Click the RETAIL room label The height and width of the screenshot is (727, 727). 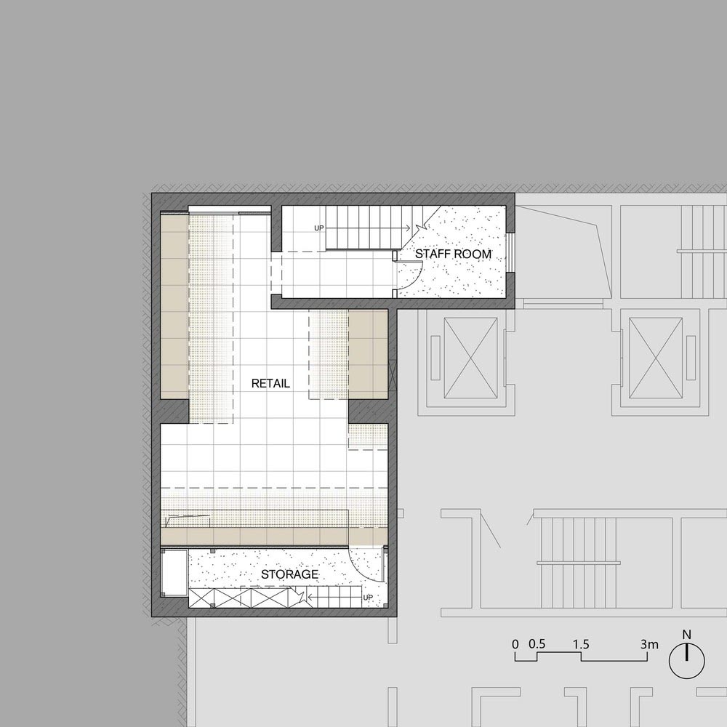[270, 383]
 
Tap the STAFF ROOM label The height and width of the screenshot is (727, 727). [453, 254]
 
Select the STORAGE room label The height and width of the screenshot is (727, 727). [289, 574]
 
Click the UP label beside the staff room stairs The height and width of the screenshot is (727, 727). [319, 228]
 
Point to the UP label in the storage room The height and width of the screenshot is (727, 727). [368, 597]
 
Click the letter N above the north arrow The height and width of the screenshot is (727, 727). [687, 635]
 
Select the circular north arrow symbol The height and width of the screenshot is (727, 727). [687, 661]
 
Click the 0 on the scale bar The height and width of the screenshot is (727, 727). [515, 644]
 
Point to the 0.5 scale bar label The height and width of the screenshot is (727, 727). [537, 644]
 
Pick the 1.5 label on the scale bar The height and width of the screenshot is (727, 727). [580, 644]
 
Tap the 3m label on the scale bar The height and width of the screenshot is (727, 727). [649, 644]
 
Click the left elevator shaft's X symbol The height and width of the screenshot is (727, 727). [470, 358]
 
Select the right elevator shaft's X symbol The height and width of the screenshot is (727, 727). [656, 358]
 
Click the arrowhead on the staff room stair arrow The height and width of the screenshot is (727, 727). [408, 228]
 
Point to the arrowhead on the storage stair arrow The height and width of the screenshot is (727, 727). [310, 597]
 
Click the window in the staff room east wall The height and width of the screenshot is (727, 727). [510, 252]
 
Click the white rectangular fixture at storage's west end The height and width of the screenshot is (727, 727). [174, 574]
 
